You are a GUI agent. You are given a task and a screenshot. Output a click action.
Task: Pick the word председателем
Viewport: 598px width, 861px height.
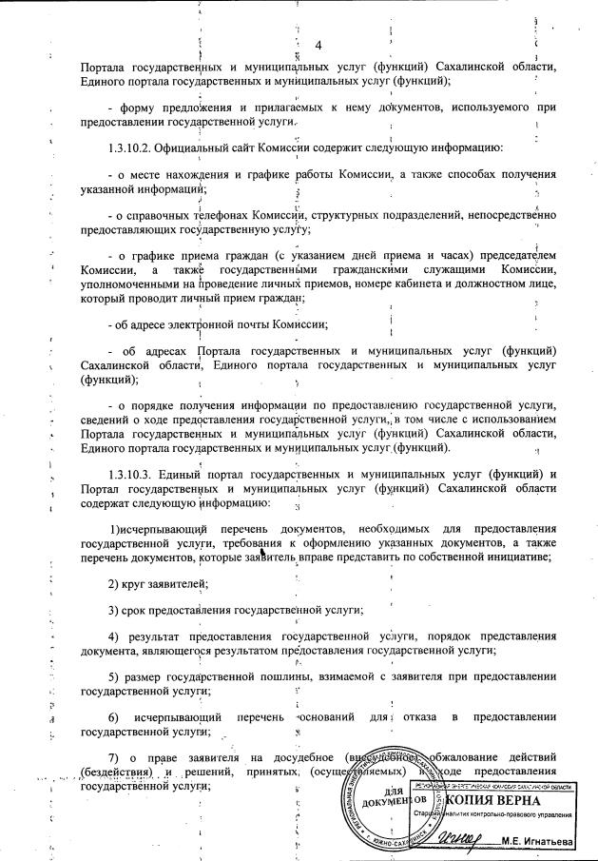[x=513, y=257]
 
